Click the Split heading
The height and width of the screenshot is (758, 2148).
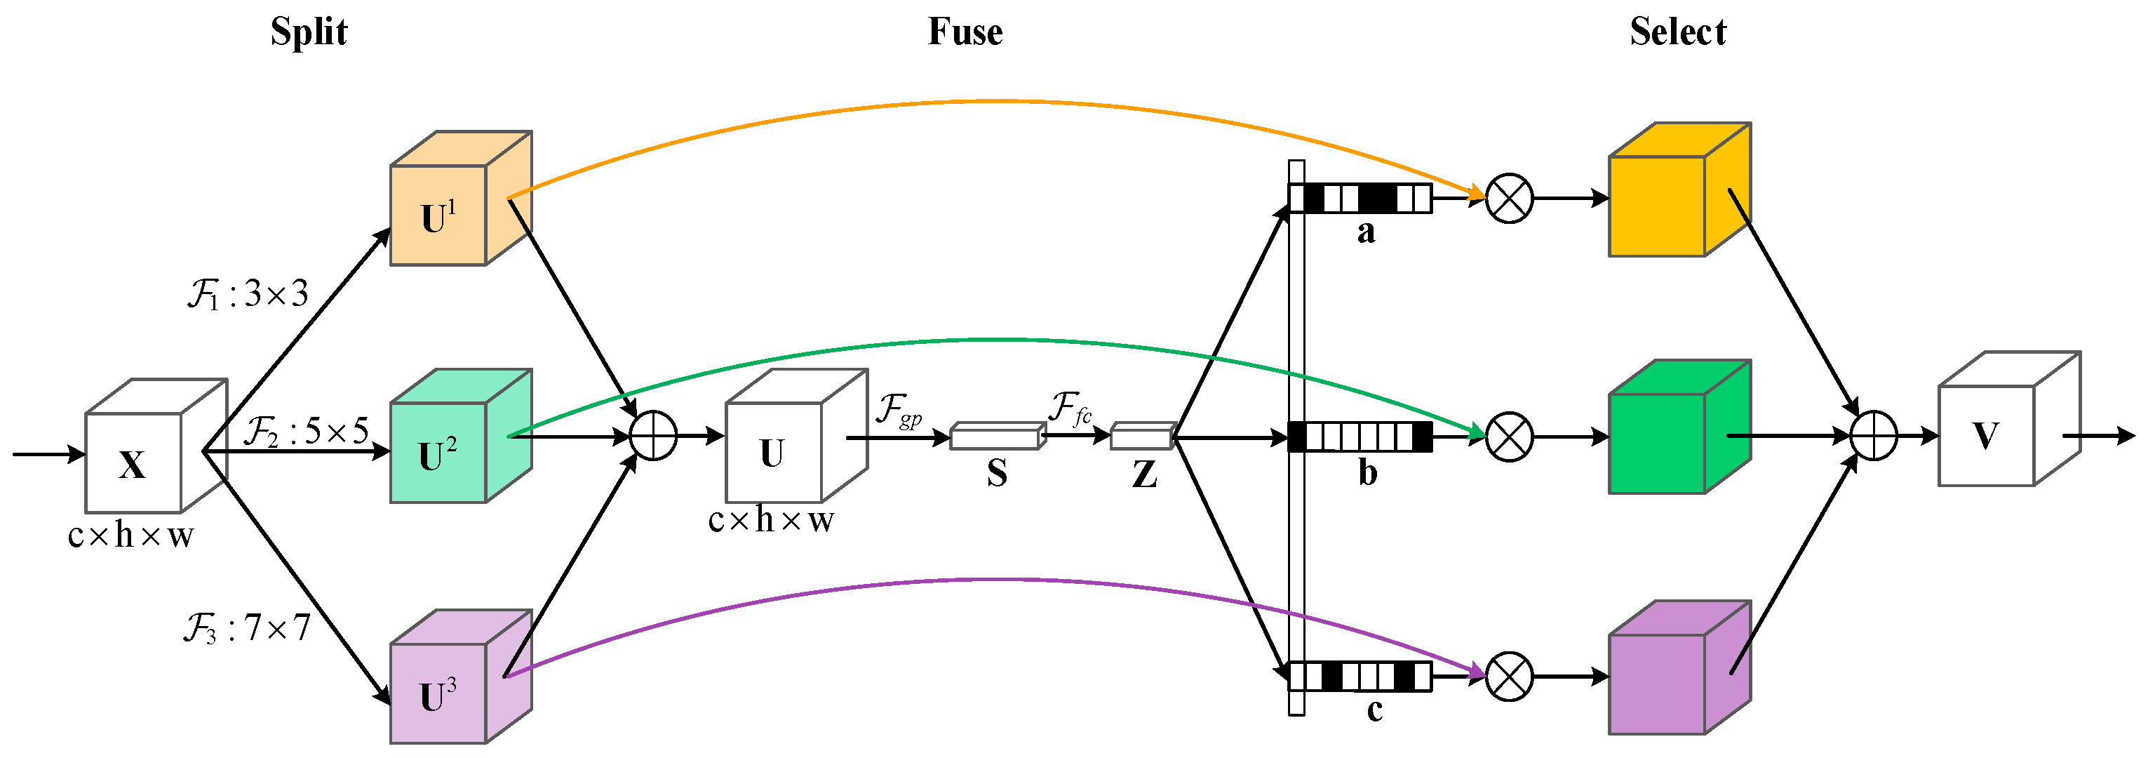[x=309, y=32]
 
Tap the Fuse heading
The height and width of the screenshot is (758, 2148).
[x=965, y=32]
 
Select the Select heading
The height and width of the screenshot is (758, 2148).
[x=1678, y=32]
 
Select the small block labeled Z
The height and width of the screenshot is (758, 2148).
[x=1141, y=435]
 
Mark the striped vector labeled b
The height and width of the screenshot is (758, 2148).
[x=1360, y=436]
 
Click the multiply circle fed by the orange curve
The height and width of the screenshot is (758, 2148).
[x=1509, y=199]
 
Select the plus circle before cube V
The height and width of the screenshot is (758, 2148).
[x=1874, y=435]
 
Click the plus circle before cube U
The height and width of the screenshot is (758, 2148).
[x=653, y=435]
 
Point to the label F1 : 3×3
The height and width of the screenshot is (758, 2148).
[x=248, y=294]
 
